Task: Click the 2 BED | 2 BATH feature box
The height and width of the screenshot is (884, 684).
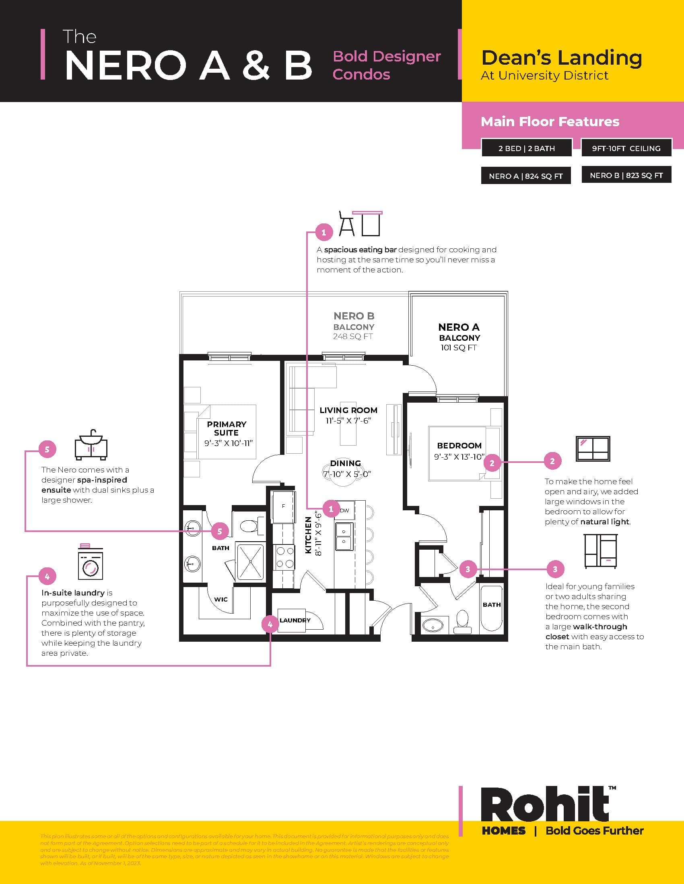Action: point(526,148)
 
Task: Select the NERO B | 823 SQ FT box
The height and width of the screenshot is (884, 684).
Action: point(626,175)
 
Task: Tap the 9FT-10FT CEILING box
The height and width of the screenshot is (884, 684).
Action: point(626,148)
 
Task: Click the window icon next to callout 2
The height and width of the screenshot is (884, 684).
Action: point(593,448)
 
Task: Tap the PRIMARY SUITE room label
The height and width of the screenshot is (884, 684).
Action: point(227,428)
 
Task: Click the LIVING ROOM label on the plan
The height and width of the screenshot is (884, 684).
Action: point(348,410)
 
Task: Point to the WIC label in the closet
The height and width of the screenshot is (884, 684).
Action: point(221,600)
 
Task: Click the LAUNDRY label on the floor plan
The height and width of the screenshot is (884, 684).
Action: point(295,620)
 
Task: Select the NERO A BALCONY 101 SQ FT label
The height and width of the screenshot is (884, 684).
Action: point(459,337)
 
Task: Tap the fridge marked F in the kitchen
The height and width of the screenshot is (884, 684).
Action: point(283,506)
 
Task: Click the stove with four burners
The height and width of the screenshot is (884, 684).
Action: point(284,558)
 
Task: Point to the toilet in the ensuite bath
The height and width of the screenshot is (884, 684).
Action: point(248,526)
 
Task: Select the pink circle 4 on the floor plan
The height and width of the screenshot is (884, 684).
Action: point(270,624)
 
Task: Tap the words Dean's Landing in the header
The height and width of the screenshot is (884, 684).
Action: point(561,57)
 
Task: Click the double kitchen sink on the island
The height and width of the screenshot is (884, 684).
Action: point(344,536)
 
